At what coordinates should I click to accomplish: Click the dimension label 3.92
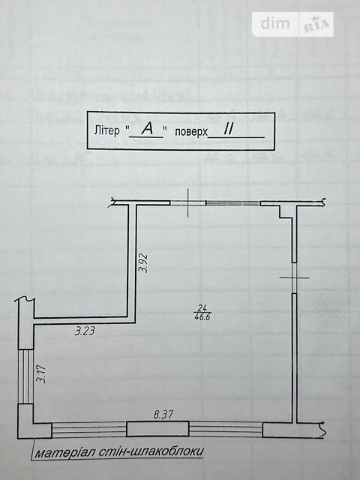coord(143,263)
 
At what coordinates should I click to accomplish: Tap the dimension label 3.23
coord(85,331)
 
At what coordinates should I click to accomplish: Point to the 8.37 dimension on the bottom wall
coord(163,415)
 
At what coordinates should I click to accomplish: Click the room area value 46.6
coord(202,317)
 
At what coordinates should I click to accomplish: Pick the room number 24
coord(202,307)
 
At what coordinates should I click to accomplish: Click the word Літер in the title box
coord(106,130)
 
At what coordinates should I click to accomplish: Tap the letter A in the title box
coord(148,130)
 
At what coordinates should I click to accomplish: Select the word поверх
coord(191,132)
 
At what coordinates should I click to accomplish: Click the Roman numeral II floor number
coord(228,130)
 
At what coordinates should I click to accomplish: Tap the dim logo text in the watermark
coord(275,23)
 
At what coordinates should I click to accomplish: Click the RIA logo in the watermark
coord(316,25)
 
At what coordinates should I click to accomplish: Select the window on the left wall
coord(25,376)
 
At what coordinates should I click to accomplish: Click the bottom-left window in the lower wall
coord(89,429)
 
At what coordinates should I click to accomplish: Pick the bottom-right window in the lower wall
coord(226,429)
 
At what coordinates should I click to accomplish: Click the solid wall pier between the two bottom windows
coord(157,428)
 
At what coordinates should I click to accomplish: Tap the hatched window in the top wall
coord(233,203)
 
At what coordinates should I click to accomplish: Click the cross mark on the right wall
coord(295,278)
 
